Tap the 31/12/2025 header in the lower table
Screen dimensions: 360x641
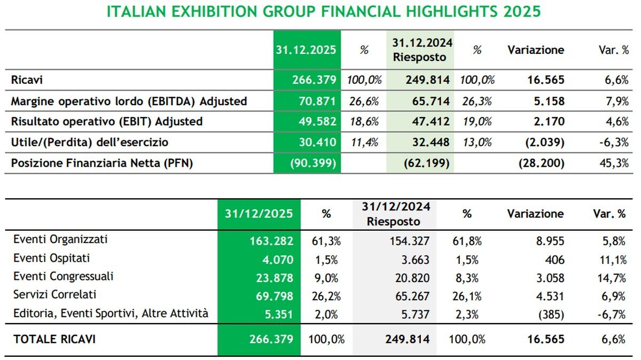[x=259, y=214]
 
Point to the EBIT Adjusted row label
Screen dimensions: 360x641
[x=107, y=122]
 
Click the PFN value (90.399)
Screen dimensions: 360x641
[x=313, y=163]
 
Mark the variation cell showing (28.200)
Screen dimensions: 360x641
[x=541, y=163]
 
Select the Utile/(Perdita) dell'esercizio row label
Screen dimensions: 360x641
[x=97, y=143]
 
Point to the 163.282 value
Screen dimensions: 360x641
[x=272, y=241]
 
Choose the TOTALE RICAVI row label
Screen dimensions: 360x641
[x=54, y=339]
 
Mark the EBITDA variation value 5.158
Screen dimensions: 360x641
[x=549, y=101]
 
